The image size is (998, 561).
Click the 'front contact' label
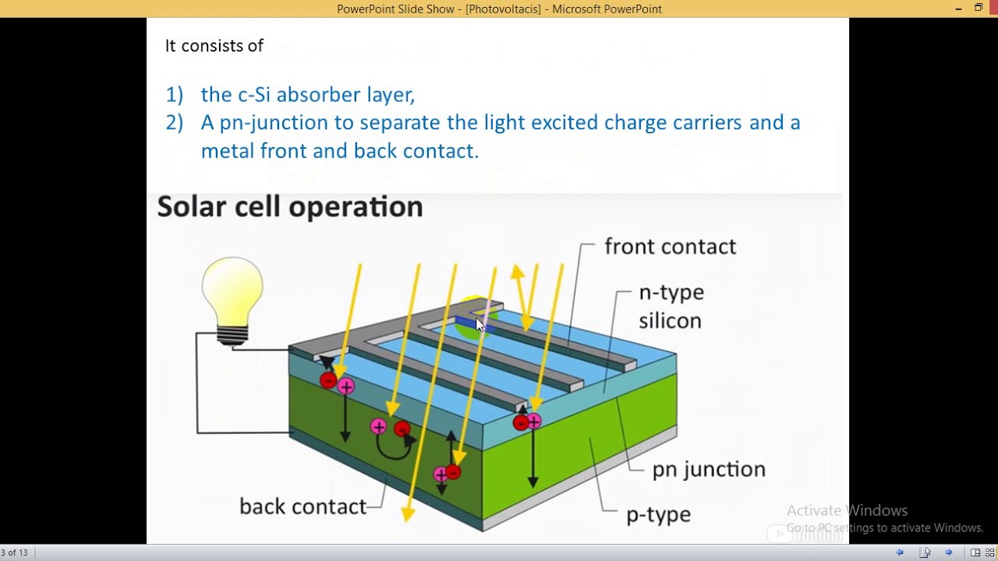pyautogui.click(x=670, y=247)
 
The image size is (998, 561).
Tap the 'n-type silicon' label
pyautogui.click(x=671, y=306)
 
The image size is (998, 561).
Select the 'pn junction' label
pyautogui.click(x=708, y=469)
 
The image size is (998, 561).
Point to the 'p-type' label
pyautogui.click(x=658, y=514)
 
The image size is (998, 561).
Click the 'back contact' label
pyautogui.click(x=303, y=506)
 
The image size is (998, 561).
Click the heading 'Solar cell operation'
pyautogui.click(x=290, y=207)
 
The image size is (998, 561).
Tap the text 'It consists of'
pyautogui.click(x=214, y=46)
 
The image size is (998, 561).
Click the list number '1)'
pyautogui.click(x=174, y=95)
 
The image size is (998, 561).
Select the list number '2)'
pyautogui.click(x=174, y=123)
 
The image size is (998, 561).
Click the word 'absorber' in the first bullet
pyautogui.click(x=318, y=95)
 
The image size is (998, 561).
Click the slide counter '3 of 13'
pyautogui.click(x=14, y=552)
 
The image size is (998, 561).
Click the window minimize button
pyautogui.click(x=958, y=9)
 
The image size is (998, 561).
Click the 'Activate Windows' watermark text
pyautogui.click(x=847, y=510)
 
